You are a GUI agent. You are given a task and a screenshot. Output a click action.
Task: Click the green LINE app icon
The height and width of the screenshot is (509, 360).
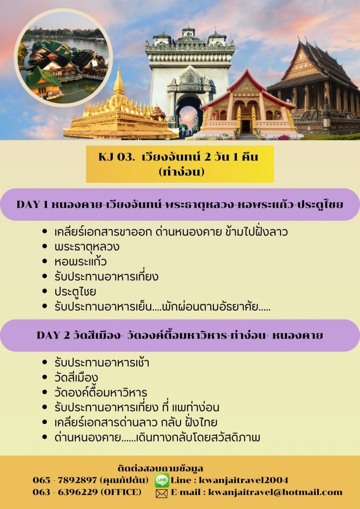[x=162, y=481]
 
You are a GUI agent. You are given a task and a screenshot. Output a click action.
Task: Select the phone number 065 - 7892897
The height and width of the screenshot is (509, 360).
[x=65, y=480]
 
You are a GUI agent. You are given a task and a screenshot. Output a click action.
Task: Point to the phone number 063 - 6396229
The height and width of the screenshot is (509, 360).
[x=65, y=492]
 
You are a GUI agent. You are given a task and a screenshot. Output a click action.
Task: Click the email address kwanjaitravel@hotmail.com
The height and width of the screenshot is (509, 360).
[x=275, y=493]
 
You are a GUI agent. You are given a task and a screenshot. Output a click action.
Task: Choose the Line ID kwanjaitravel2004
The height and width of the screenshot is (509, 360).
[x=244, y=480]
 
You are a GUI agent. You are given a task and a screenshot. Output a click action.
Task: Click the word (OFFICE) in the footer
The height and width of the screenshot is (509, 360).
[x=121, y=492]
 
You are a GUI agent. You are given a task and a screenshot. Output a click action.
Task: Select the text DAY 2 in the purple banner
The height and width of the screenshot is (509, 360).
[x=53, y=336]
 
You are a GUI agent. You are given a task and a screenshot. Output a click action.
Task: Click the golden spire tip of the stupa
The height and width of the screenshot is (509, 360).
[x=119, y=69]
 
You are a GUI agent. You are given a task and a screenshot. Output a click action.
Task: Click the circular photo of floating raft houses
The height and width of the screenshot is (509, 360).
[x=63, y=58]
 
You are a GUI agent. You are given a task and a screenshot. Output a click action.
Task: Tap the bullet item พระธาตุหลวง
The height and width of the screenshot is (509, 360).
[x=87, y=247]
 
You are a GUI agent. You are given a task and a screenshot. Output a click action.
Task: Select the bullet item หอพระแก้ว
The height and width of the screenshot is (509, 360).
[x=81, y=261]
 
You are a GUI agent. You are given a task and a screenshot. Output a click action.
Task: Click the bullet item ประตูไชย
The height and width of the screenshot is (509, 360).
[x=75, y=291]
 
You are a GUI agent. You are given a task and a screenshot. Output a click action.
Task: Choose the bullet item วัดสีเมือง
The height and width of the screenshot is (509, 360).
[x=76, y=378]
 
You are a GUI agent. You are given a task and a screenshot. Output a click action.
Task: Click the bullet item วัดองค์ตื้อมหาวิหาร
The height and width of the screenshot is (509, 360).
[x=100, y=393]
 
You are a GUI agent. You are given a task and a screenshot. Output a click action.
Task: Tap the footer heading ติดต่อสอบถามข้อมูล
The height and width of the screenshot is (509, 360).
[x=161, y=468]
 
